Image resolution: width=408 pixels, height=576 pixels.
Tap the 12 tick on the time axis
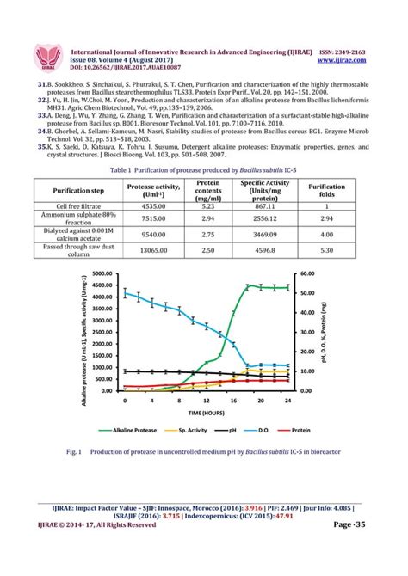[x=206, y=401]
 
